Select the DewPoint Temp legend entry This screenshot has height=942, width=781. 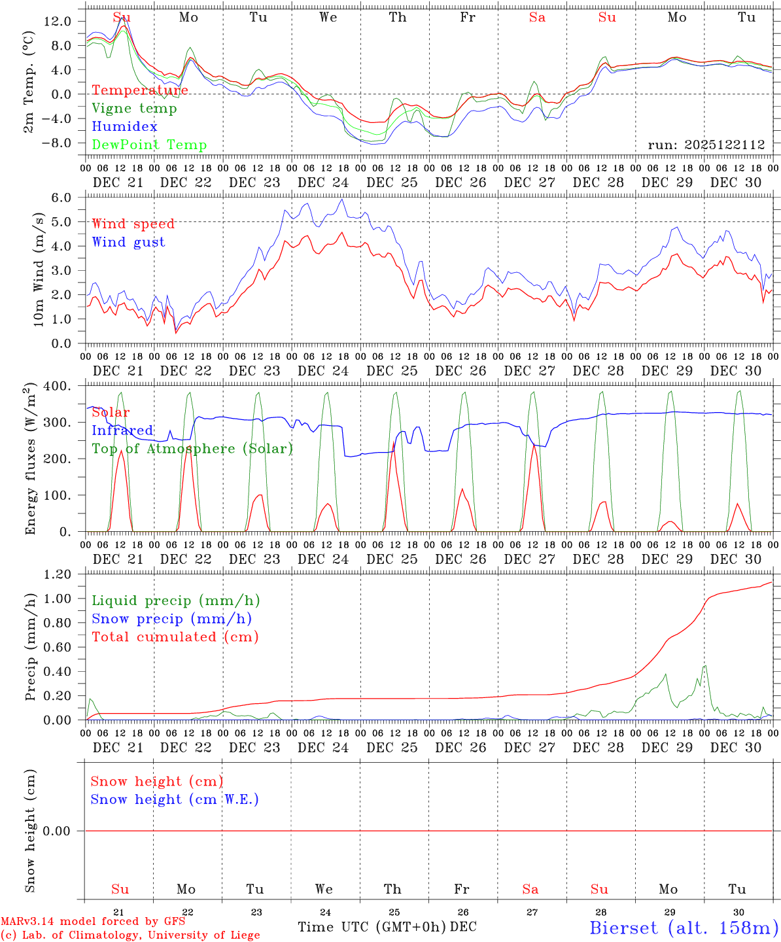[x=149, y=145]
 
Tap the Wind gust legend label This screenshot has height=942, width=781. [x=128, y=242]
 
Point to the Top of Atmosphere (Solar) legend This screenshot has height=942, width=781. [x=192, y=449]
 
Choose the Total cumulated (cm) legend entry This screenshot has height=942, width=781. [x=175, y=637]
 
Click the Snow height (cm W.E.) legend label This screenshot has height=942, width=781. [x=175, y=799]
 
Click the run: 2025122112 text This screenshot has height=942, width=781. [x=706, y=145]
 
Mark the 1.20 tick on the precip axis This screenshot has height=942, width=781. [x=56, y=574]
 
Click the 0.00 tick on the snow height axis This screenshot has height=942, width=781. [x=56, y=831]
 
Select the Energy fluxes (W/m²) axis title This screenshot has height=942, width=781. [x=30, y=461]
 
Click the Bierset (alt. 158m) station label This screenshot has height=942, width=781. [x=684, y=927]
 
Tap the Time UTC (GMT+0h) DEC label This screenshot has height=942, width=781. [x=387, y=927]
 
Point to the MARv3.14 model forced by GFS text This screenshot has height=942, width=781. [x=93, y=922]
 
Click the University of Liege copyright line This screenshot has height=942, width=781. [x=130, y=935]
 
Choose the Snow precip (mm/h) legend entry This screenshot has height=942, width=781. [x=171, y=619]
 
